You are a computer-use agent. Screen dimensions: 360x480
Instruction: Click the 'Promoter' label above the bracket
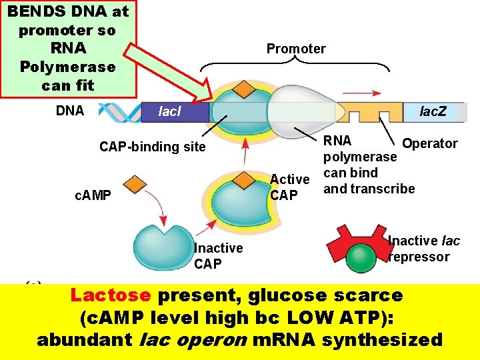point(296,49)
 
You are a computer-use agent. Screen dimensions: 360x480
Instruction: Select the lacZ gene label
point(433,111)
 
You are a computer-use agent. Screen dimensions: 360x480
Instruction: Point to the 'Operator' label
point(430,143)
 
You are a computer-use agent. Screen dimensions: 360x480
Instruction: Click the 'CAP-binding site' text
point(153,147)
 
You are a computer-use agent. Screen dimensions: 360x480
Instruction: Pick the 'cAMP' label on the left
point(93,195)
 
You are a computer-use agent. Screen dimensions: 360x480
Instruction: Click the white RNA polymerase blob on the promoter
point(300,107)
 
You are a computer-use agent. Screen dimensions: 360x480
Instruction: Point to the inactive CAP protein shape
point(163,246)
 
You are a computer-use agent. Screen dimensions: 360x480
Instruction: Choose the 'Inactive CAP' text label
point(218,255)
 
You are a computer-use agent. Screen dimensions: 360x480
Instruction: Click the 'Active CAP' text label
point(289,187)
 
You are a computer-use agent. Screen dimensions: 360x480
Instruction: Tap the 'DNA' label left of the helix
point(70,111)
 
